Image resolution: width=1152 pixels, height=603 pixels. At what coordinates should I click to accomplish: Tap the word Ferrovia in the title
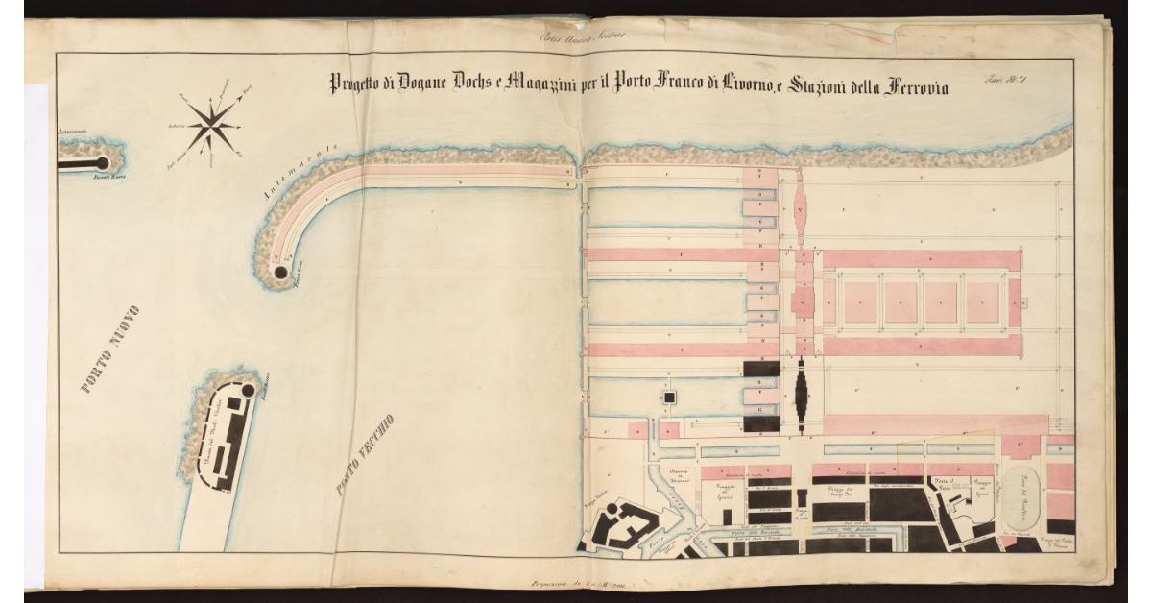tap(906, 87)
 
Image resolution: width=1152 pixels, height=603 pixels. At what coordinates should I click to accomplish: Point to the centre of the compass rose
tap(213, 122)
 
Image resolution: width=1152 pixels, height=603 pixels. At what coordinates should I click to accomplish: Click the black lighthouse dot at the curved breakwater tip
tap(280, 274)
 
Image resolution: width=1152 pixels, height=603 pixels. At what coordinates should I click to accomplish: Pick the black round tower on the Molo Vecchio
tap(248, 391)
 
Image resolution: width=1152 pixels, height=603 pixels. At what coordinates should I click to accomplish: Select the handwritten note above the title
tap(582, 37)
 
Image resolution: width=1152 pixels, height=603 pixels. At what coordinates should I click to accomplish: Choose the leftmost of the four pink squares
tap(860, 302)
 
